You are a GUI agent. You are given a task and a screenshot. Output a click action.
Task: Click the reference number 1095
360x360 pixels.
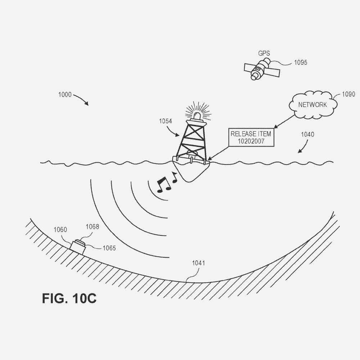(x=301, y=62)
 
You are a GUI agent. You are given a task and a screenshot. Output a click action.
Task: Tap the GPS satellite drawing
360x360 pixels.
(x=262, y=70)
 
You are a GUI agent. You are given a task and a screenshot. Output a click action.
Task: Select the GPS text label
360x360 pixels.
(x=264, y=54)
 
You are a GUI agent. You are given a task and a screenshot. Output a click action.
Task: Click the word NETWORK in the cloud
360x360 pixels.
(x=312, y=105)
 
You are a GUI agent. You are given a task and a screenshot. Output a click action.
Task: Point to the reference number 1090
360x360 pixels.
(x=348, y=94)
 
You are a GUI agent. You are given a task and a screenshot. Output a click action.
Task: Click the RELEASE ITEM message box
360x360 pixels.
(x=251, y=138)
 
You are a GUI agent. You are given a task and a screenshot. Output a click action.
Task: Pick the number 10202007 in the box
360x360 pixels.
(x=251, y=141)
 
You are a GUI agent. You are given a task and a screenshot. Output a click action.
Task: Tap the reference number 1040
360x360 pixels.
(x=307, y=134)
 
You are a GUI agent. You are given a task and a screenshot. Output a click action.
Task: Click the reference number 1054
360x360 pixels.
(x=166, y=121)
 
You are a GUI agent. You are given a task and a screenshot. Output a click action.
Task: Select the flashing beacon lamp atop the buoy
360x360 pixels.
(x=197, y=115)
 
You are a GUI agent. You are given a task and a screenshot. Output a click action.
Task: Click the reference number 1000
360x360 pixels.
(x=65, y=95)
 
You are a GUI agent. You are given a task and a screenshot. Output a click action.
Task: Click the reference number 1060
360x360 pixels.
(x=60, y=230)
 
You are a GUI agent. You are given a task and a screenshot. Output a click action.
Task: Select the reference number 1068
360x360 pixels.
(x=92, y=227)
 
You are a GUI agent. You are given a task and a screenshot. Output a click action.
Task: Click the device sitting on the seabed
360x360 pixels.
(x=78, y=247)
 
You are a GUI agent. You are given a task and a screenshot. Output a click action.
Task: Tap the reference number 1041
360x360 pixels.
(x=198, y=263)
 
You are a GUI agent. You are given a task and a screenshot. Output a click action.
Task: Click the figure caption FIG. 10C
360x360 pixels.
(x=69, y=298)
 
